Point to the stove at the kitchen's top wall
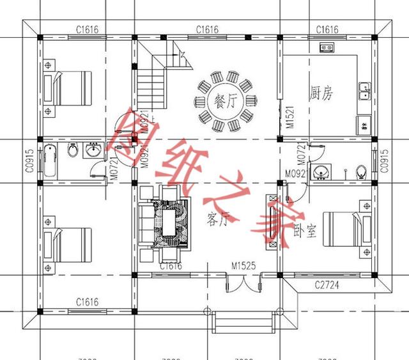pyautogui.click(x=327, y=47)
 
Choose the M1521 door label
pyautogui.click(x=289, y=115)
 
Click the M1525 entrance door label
pyautogui.click(x=243, y=265)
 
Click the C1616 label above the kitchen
pyautogui.click(x=327, y=29)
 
